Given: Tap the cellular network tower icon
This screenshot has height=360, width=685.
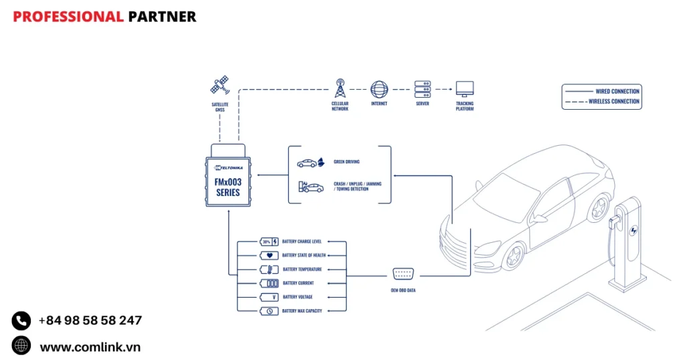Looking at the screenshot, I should click(x=340, y=88).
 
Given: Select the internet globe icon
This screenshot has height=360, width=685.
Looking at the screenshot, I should click(x=379, y=89).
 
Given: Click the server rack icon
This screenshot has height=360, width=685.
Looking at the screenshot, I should click(x=422, y=89).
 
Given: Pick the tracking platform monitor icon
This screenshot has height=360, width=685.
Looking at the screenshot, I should click(x=464, y=89).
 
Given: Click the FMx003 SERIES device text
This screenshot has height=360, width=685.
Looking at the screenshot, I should click(x=227, y=187).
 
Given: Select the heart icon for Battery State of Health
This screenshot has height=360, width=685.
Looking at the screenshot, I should click(x=269, y=256).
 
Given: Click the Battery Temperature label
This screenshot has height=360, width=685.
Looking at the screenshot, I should click(x=302, y=270).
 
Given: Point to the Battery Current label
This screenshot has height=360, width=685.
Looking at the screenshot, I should click(x=298, y=283).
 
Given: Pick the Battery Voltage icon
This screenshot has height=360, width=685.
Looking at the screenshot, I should click(x=269, y=297).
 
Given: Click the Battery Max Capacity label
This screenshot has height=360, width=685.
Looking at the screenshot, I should click(x=302, y=311).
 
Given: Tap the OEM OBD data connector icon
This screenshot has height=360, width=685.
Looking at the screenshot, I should click(x=403, y=274).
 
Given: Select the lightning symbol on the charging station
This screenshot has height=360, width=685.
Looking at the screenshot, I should click(x=633, y=232).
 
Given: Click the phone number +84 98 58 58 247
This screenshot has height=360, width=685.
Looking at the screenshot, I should click(x=90, y=321).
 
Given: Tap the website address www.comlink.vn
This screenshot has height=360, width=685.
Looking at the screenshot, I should click(x=90, y=347).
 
